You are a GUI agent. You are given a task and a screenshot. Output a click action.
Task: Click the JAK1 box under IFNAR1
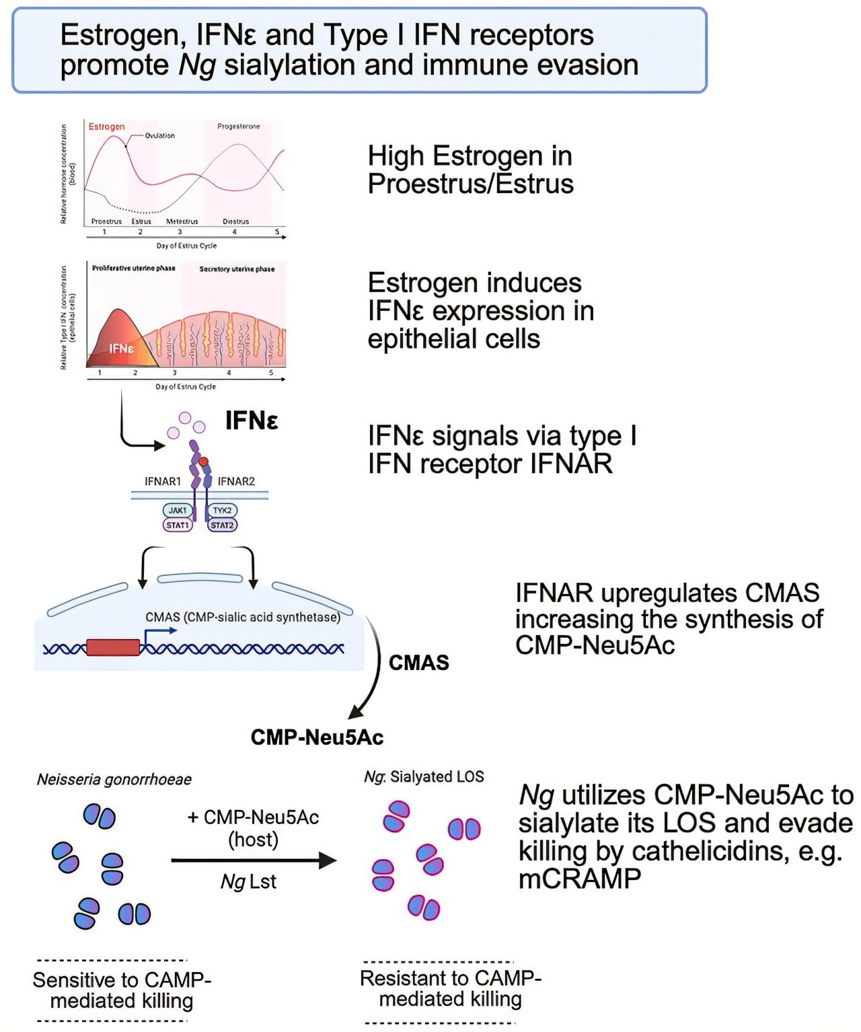[178, 511]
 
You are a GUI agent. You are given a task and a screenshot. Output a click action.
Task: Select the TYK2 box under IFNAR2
[222, 511]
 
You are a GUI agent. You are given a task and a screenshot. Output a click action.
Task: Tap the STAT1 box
[178, 525]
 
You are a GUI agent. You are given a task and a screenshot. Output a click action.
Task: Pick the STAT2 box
[222, 525]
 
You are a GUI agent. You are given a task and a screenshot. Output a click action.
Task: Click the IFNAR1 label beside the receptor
[163, 482]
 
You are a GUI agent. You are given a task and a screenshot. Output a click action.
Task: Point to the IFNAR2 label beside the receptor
[236, 482]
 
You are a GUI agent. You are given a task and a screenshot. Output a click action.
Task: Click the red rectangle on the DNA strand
[113, 647]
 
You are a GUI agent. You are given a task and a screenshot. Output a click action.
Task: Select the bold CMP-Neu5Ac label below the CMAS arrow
[317, 737]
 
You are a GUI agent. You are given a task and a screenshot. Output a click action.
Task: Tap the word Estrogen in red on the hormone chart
[106, 126]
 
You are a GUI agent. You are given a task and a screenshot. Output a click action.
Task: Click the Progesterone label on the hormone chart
[238, 126]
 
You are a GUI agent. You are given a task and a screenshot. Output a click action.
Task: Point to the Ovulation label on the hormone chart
[159, 135]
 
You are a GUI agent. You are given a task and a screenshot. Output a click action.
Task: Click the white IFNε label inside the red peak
[122, 348]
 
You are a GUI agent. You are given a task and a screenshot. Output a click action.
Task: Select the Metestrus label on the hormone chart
[182, 221]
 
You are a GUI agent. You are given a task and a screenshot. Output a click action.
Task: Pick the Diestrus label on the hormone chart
[235, 221]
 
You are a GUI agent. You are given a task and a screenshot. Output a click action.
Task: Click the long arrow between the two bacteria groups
[253, 860]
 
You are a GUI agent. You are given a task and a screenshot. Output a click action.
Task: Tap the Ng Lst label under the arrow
[248, 882]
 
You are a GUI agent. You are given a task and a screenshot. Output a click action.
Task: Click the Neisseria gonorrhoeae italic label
[114, 780]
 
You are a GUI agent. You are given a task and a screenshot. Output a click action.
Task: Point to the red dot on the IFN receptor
[204, 462]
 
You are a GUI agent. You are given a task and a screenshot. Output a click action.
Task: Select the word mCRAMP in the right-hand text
[579, 879]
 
